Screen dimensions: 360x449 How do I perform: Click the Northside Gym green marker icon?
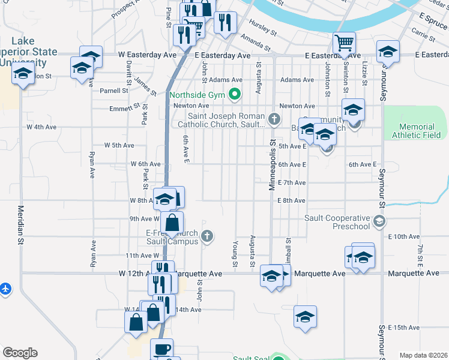tap(235, 95)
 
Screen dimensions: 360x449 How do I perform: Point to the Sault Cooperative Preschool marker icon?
tap(379, 222)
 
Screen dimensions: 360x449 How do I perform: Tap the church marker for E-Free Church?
tap(206, 236)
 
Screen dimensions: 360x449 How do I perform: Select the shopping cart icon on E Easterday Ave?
tap(345, 43)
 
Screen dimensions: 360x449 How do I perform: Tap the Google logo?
tap(20, 353)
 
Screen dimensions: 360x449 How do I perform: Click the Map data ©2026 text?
tap(423, 355)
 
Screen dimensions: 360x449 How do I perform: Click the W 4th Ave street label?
tap(41, 127)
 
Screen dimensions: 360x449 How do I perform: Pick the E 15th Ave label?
tap(403, 328)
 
